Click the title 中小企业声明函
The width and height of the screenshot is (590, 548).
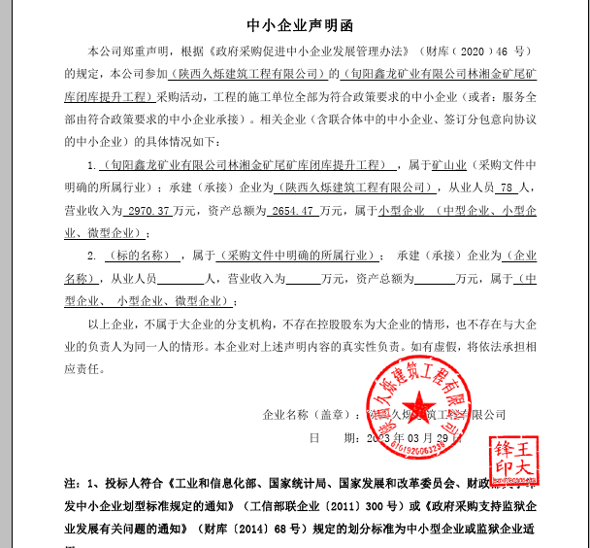(294, 20)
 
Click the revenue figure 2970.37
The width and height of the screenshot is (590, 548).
(148, 209)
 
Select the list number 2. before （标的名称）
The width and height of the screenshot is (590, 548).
(92, 257)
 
